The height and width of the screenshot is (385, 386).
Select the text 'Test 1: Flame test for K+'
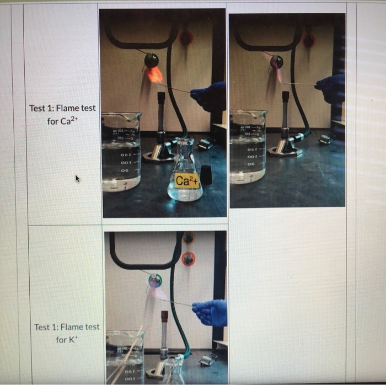coord(67,333)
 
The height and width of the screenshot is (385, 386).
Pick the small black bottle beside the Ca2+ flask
coord(206,174)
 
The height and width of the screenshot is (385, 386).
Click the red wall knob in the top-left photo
coord(186,38)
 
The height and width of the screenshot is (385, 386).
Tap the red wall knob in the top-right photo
coord(309,40)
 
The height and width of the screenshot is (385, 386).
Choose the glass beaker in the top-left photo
coord(121,152)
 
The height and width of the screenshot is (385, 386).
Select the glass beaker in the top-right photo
coord(248,146)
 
